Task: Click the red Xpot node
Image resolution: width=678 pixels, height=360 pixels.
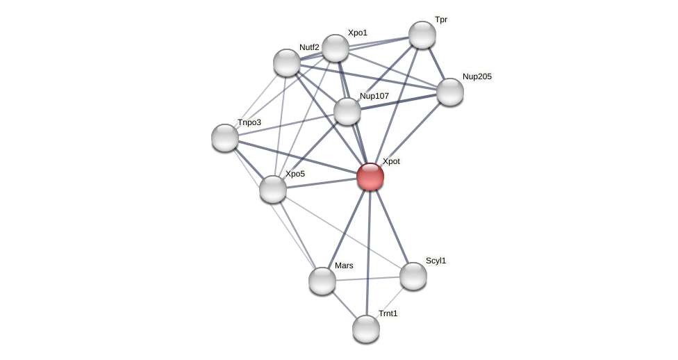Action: click(370, 177)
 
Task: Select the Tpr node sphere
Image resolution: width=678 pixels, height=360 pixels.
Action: click(422, 35)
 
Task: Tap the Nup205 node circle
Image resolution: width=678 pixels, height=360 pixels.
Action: click(450, 92)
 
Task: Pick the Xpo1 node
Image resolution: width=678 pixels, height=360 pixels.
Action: click(336, 48)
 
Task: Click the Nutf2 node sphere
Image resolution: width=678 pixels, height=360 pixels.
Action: click(287, 63)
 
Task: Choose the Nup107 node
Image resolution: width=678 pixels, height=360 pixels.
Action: click(347, 111)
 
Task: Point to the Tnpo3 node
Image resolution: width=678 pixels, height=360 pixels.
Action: click(225, 138)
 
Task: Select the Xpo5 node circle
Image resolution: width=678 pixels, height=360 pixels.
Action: click(273, 189)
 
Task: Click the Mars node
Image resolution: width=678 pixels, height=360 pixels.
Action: click(322, 281)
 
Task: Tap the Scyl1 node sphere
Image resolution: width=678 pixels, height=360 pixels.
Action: click(413, 276)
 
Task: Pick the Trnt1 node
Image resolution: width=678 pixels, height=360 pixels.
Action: click(366, 329)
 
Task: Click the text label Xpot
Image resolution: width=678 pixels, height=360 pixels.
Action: click(391, 161)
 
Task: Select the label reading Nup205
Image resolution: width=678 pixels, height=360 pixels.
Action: click(477, 76)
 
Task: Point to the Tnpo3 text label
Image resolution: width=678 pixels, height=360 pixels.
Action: click(249, 122)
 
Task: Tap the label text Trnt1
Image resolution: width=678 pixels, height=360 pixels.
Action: click(388, 313)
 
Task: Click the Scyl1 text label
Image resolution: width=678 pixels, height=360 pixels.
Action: click(436, 261)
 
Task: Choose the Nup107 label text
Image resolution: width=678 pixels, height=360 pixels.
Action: click(374, 96)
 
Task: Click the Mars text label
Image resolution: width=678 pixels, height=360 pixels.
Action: click(344, 265)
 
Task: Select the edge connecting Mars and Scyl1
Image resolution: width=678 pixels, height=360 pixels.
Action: click(368, 279)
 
